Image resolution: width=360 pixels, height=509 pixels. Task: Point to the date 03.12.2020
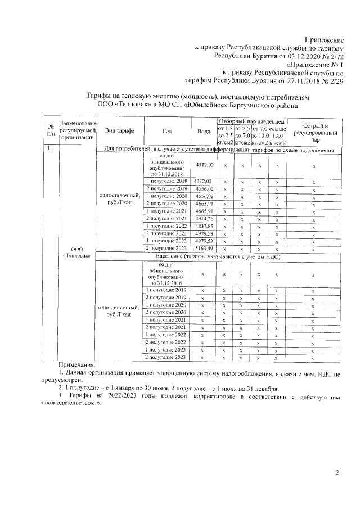[x=296, y=56]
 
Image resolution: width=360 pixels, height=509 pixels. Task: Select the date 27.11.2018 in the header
[x=296, y=80]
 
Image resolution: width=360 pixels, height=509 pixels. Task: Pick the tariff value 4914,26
[x=204, y=218]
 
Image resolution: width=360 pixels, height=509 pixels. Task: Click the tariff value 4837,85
[x=204, y=226]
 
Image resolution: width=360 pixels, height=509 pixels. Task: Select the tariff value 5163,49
[x=204, y=247]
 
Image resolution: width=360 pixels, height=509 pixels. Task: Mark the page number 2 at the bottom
[x=337, y=472]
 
